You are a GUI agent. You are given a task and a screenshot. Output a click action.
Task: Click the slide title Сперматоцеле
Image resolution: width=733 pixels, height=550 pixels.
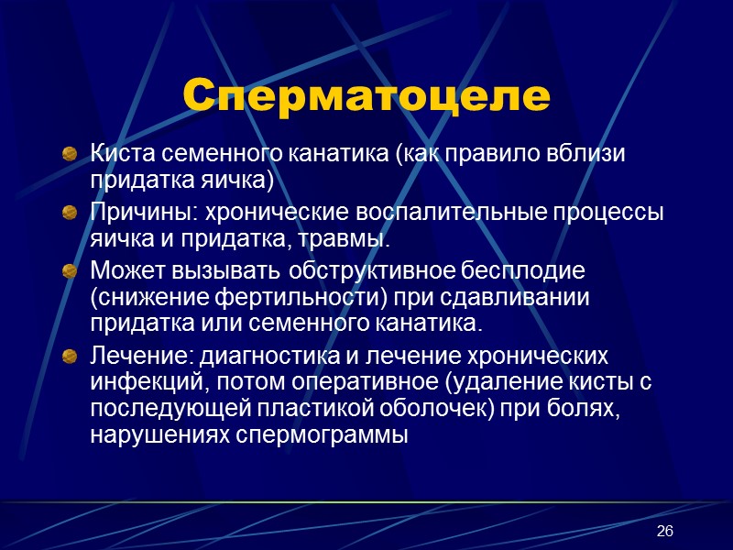coord(366,96)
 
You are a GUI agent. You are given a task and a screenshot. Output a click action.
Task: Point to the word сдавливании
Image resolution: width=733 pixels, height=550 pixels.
coord(528,299)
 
